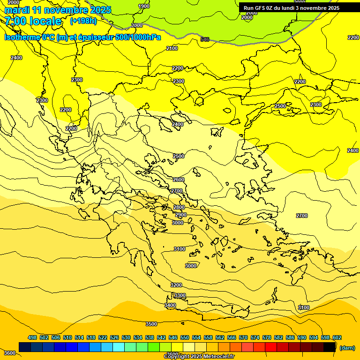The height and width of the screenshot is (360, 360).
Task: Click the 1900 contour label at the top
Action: [144, 6]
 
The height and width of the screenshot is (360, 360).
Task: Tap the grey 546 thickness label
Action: [205, 39]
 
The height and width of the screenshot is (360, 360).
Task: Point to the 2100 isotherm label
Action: [172, 48]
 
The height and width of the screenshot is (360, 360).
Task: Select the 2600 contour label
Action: [179, 180]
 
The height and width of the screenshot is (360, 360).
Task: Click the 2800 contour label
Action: [179, 207]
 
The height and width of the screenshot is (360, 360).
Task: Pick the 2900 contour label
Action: [181, 215]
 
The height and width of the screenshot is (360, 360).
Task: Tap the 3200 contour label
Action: [176, 285]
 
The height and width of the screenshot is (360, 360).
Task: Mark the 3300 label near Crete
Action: [180, 295]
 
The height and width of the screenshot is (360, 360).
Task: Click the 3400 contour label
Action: [170, 305]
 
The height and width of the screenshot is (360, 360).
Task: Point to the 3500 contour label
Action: [151, 324]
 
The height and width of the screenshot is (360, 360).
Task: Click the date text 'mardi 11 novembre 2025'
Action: [58, 10]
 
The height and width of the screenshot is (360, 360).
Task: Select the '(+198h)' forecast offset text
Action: [83, 21]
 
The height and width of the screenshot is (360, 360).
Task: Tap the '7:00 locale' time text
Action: [33, 21]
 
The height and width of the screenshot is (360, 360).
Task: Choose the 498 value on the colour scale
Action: [32, 337]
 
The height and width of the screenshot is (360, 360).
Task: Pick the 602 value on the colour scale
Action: [337, 337]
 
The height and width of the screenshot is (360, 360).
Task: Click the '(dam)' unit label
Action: [347, 347]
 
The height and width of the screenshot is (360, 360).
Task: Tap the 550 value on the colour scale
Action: [185, 337]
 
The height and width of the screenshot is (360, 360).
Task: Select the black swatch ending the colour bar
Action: [330, 347]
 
